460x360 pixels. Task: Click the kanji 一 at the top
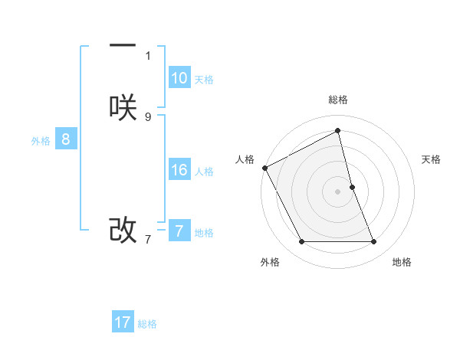pos(123,47)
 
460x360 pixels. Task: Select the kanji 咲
pos(123,109)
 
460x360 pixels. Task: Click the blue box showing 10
pos(179,78)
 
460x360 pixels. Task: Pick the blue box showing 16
pos(179,170)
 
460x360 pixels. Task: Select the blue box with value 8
pos(66,139)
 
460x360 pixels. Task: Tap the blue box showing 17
pos(123,322)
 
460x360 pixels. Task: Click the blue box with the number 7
pos(179,231)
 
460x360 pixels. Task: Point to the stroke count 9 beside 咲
pos(148,116)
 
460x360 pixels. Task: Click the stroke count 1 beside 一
pos(148,56)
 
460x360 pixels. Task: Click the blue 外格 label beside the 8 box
pos(41,141)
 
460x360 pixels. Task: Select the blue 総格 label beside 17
pos(147,324)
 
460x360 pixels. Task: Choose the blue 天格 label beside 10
pos(204,80)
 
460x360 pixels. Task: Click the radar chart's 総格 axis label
pos(338,100)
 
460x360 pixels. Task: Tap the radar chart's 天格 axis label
pos(431,159)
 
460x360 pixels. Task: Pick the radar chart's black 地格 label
pos(402,262)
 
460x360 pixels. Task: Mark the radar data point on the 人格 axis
pos(264,168)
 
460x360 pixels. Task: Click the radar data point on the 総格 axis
pos(338,130)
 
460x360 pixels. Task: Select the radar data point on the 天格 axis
pos(353,187)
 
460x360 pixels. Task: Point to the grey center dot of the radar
pos(338,191)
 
